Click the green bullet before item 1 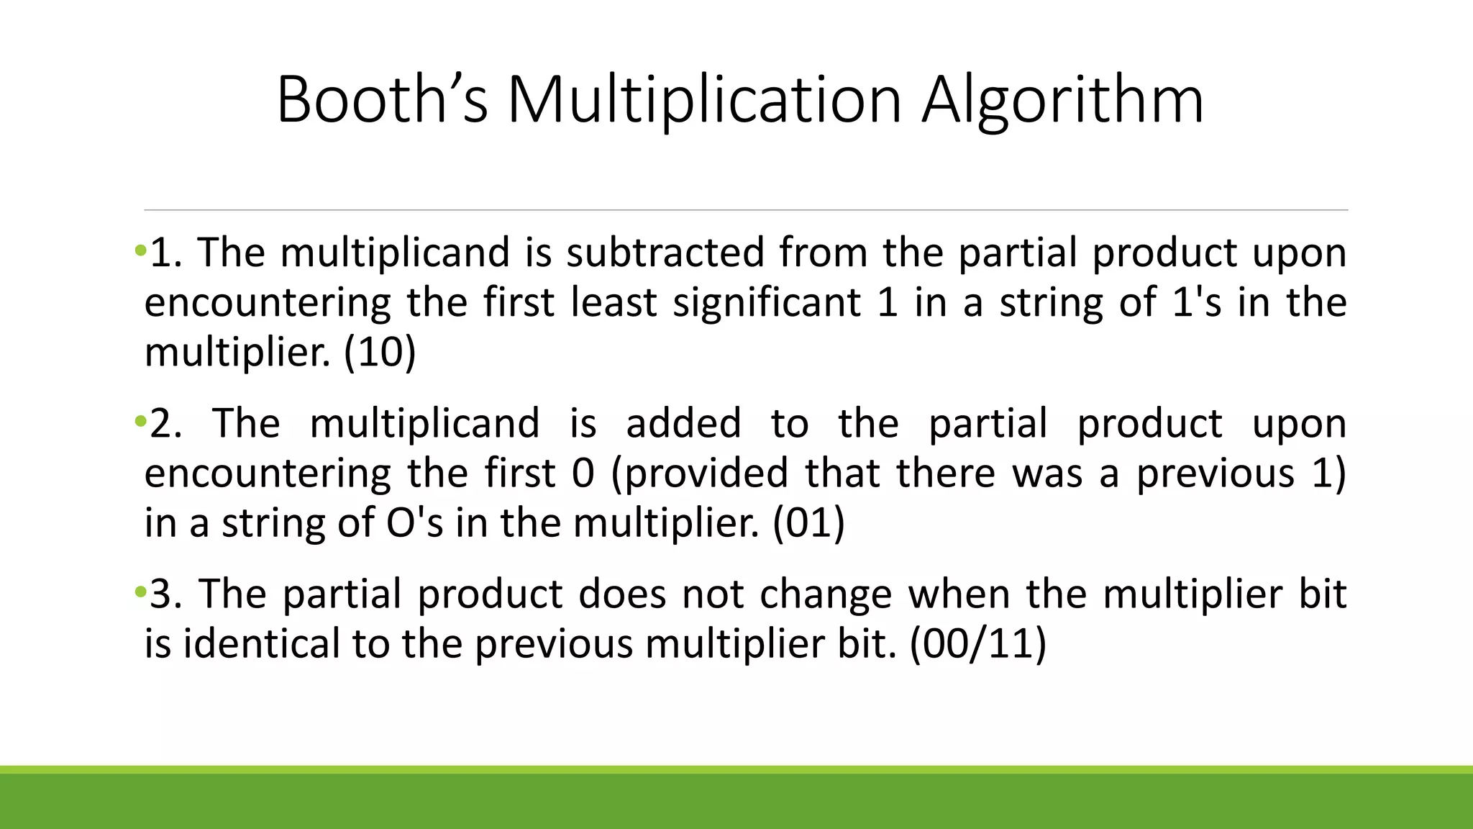tap(140, 251)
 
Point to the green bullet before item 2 tap(140, 421)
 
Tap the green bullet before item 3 tap(140, 593)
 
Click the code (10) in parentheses tap(380, 353)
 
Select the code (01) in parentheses tap(808, 522)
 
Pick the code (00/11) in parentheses tap(977, 643)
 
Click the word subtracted tap(665, 253)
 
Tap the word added tap(683, 422)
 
